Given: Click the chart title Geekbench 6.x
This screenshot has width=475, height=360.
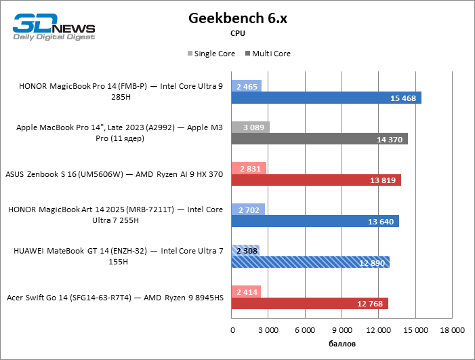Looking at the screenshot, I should click(237, 18).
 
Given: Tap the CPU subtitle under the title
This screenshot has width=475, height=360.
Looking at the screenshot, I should click(237, 33).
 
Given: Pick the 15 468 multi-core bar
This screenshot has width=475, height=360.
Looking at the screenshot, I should click(326, 98).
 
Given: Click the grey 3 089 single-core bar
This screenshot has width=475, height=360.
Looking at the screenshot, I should click(251, 127).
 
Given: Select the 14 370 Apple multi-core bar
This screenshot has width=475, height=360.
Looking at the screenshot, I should click(319, 139).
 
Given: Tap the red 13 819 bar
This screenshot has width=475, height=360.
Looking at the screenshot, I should click(316, 180).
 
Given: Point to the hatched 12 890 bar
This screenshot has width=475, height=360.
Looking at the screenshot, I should click(310, 262).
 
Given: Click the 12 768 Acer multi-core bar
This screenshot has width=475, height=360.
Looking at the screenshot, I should click(310, 302).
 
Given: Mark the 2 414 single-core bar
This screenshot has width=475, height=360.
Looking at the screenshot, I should click(247, 291).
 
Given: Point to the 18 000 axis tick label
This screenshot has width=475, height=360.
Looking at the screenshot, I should click(452, 330).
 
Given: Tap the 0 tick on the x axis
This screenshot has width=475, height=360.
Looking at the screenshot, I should click(232, 330).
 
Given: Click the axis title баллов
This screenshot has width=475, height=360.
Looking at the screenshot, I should click(342, 344).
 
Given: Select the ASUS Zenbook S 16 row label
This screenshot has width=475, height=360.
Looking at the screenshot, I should click(114, 174).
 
